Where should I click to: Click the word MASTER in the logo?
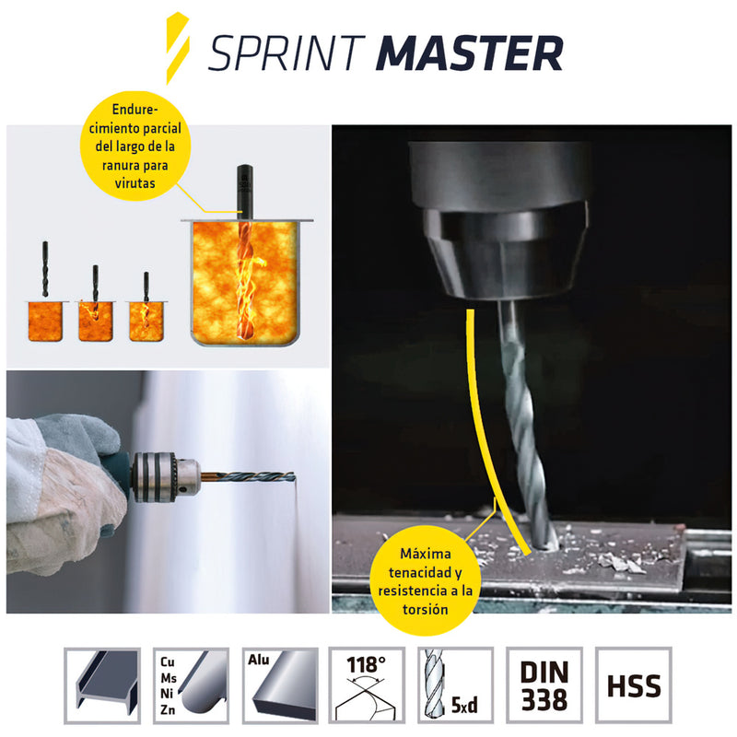470,54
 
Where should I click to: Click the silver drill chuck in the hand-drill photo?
167,475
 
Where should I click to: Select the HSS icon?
634,685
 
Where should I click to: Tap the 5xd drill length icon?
455,685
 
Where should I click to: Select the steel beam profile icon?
102,685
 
